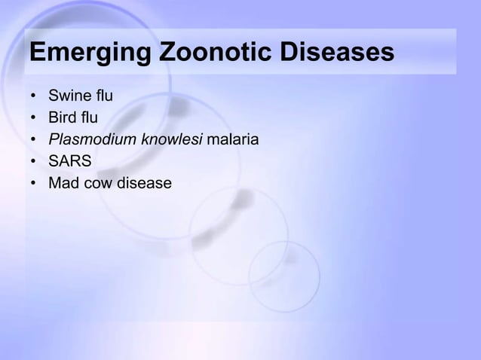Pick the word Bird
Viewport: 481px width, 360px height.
[63, 118]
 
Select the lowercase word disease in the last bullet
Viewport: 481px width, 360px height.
[144, 183]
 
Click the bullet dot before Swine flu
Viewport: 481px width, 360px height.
[33, 97]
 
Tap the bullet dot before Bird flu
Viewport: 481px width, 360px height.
[33, 119]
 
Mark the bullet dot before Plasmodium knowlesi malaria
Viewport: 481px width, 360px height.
[33, 141]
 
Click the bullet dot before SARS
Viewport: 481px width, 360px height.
[33, 162]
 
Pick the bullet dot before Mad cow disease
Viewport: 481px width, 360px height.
[33, 184]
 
